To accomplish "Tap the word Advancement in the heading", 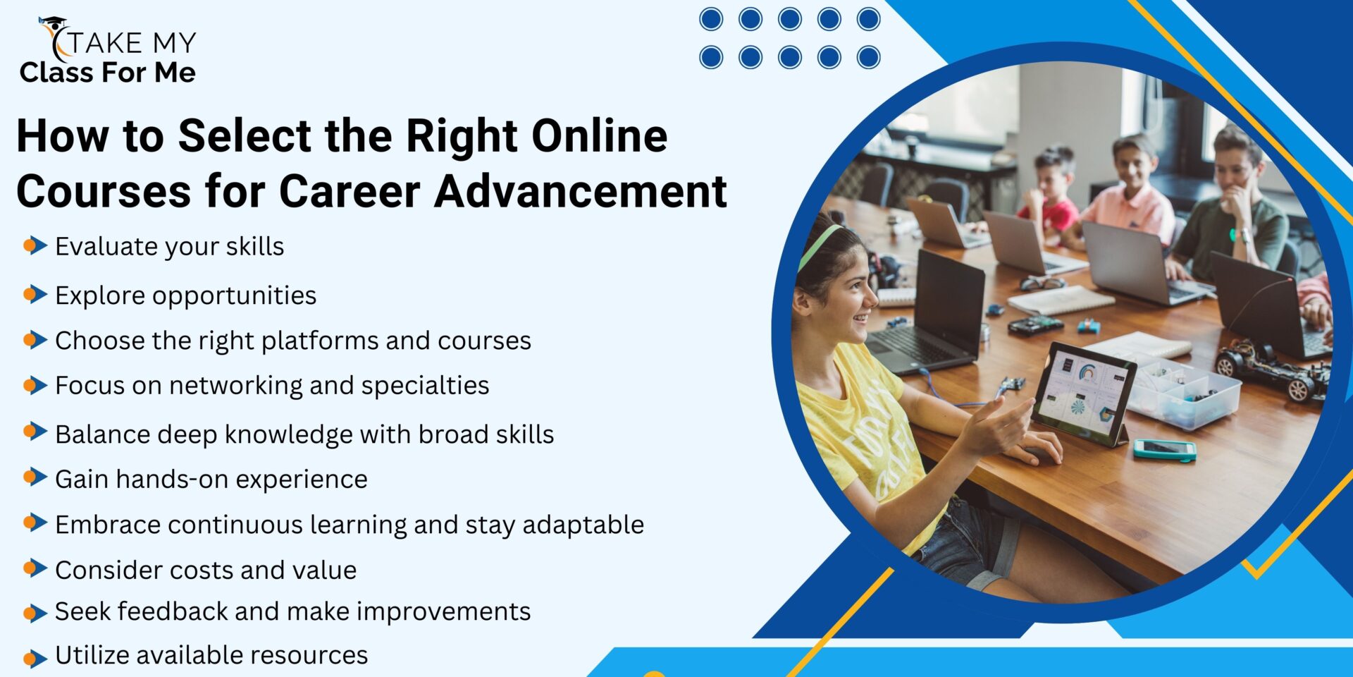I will pyautogui.click(x=581, y=191).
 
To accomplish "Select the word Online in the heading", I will pyautogui.click(x=599, y=135).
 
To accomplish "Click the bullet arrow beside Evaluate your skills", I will pyautogui.click(x=35, y=245).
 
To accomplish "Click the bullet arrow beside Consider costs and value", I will pyautogui.click(x=35, y=568).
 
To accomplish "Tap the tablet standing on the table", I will pyautogui.click(x=1082, y=391).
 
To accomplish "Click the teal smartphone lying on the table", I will pyautogui.click(x=1164, y=449).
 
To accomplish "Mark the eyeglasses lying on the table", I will pyautogui.click(x=1042, y=283).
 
